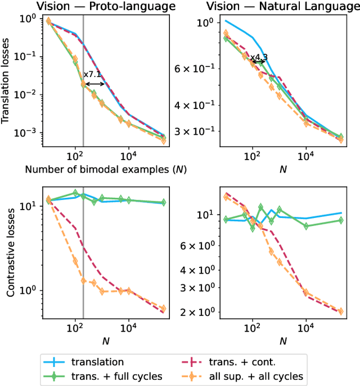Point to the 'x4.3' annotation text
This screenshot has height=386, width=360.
259,57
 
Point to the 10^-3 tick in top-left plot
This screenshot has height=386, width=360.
28,133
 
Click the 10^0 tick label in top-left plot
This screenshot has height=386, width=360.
30,18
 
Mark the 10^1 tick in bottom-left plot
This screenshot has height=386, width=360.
30,206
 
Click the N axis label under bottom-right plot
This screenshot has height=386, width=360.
283,340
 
